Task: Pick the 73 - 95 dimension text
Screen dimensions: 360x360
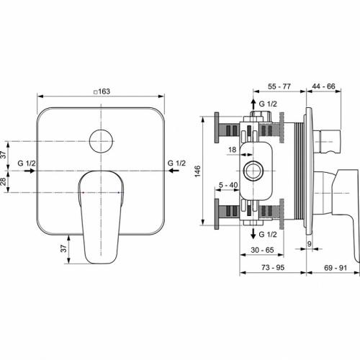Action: (272, 267)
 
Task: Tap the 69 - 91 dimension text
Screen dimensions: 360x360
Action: (334, 267)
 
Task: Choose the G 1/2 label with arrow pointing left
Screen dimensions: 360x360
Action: (177, 164)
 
